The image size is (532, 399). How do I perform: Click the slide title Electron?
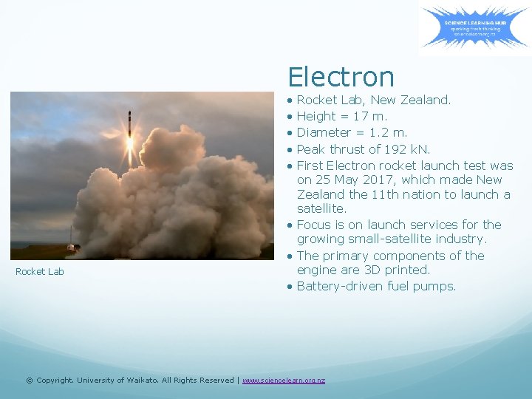341,77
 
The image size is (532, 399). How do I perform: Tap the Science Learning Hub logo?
475,28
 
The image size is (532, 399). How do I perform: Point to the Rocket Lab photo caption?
40,271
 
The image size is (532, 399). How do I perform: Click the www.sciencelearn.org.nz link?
283,380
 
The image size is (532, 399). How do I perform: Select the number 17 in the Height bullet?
361,116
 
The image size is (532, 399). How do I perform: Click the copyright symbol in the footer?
29,380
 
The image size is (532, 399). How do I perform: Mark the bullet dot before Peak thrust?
291,149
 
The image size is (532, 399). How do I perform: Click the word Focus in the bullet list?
315,225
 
